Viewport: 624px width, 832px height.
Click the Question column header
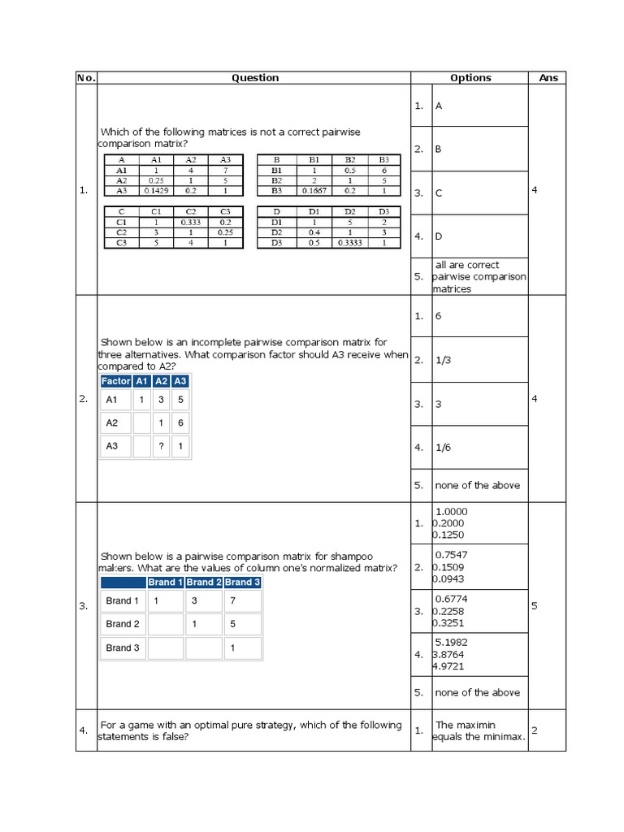tap(254, 78)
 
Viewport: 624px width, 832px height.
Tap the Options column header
tap(470, 78)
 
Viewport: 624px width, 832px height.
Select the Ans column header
tap(548, 78)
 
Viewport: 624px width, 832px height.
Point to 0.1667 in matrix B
tap(314, 191)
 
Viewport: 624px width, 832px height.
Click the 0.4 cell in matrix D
tap(314, 232)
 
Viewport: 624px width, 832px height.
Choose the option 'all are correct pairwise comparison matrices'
tap(479, 276)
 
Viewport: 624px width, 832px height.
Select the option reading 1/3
tap(444, 361)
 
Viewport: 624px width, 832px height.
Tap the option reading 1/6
tap(444, 447)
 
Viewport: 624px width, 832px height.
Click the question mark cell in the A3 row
tap(162, 446)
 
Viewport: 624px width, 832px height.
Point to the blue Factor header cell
tap(115, 381)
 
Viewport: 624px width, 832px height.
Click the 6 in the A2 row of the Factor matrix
tap(180, 423)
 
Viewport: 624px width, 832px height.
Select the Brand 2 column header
tap(203, 583)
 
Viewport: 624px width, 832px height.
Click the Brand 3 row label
tap(123, 648)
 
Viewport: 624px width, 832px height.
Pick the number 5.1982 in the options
tap(452, 642)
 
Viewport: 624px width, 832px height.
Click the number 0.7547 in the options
tap(452, 555)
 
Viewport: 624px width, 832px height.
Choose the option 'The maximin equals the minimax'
tap(479, 730)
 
